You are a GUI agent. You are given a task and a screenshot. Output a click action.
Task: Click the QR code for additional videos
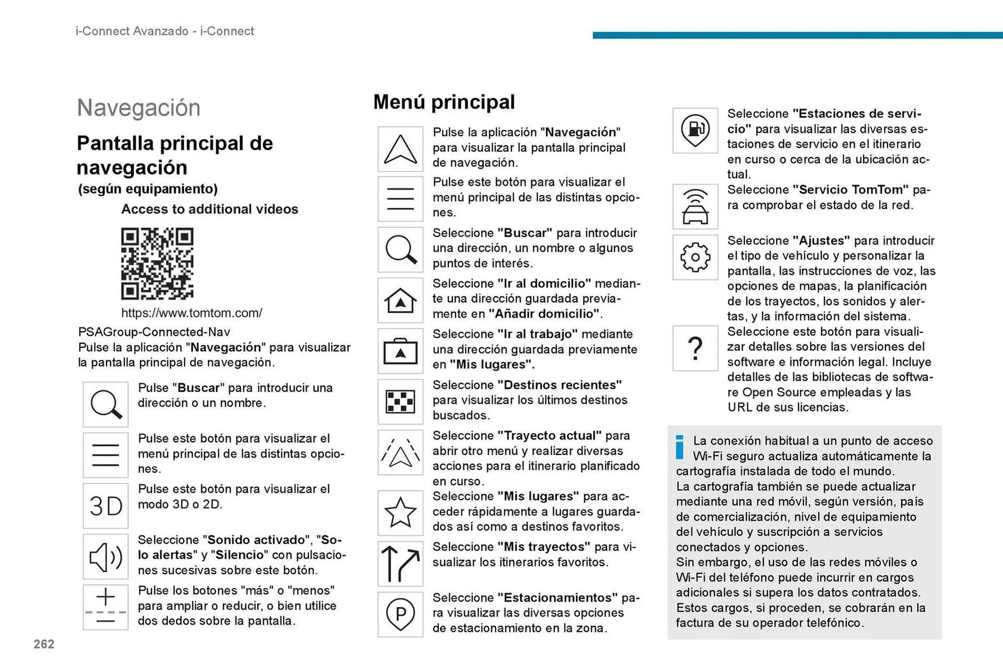[x=157, y=263]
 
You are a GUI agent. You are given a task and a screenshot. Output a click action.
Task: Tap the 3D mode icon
[x=106, y=506]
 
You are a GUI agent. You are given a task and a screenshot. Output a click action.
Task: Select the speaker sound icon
[x=106, y=557]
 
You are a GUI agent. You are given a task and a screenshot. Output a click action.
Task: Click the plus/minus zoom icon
[x=106, y=607]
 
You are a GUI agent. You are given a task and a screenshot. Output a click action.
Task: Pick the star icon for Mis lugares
[x=400, y=512]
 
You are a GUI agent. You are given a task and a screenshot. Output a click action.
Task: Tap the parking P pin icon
[x=400, y=614]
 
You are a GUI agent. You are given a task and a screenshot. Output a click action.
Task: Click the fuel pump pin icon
[x=695, y=130]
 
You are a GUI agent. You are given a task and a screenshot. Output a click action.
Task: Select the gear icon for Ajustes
[x=695, y=257]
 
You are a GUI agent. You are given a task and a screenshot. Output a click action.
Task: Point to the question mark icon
[x=695, y=348]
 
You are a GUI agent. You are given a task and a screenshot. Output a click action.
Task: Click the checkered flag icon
[x=400, y=402]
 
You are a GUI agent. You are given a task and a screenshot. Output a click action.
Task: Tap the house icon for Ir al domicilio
[x=400, y=300]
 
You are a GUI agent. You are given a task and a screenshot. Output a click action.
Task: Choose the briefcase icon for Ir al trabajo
[x=400, y=351]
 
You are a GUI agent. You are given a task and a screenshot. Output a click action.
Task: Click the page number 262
[x=44, y=644]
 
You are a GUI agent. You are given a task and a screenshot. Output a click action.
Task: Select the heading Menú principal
[x=444, y=102]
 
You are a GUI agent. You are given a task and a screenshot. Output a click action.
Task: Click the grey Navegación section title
[x=138, y=108]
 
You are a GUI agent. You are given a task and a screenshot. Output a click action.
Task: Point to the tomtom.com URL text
[x=191, y=313]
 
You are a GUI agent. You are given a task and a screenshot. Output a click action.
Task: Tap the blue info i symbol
[x=680, y=447]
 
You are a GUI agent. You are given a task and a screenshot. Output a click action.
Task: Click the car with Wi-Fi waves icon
[x=695, y=206]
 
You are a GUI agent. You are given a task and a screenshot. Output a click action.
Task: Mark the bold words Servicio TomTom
[x=850, y=190]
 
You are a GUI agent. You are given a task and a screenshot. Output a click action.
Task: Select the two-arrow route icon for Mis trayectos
[x=400, y=564]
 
